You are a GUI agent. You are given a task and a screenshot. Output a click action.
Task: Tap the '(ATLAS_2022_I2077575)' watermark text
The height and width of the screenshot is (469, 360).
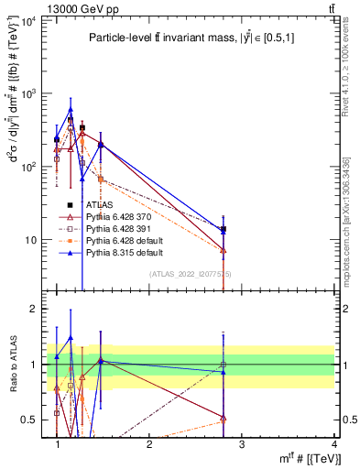pyautogui.click(x=190, y=274)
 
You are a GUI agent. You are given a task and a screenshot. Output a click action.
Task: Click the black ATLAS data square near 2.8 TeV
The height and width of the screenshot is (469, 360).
pyautogui.click(x=224, y=229)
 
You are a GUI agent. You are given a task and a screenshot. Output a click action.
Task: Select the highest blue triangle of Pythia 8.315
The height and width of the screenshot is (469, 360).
pyautogui.click(x=71, y=110)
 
